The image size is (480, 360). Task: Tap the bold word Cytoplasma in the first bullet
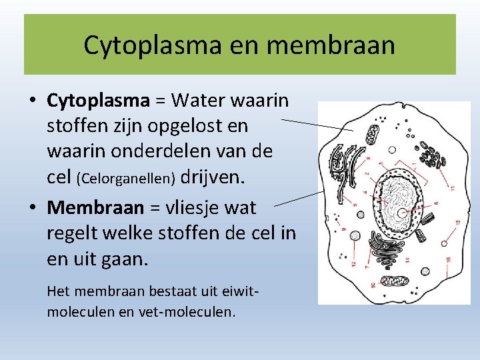pos(98,100)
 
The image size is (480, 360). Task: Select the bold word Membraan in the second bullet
pos(95,207)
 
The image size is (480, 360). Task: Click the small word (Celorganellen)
pos(126,179)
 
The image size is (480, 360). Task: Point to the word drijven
pos(213,177)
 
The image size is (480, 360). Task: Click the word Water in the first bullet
pos(197,100)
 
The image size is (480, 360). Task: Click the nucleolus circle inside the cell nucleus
pos(403,213)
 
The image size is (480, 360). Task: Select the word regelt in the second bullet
pos(70,233)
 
